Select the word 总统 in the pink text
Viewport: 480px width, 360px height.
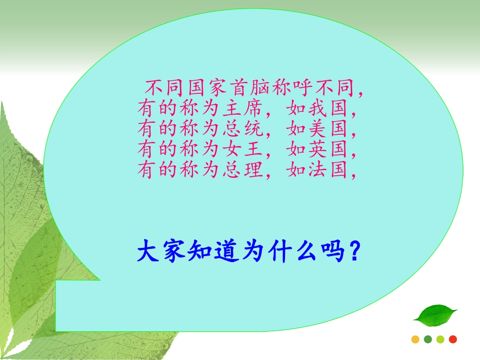click(243, 130)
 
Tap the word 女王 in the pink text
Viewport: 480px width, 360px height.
click(243, 150)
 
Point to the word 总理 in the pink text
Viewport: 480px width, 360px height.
click(243, 171)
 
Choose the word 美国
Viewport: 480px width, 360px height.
click(328, 130)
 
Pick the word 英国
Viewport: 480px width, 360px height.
click(328, 150)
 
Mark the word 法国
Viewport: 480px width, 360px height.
click(328, 171)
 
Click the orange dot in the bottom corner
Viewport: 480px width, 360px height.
click(415, 339)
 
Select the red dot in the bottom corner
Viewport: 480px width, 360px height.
click(453, 339)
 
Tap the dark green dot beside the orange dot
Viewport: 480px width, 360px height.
click(428, 339)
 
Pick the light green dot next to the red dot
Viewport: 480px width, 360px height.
click(440, 339)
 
